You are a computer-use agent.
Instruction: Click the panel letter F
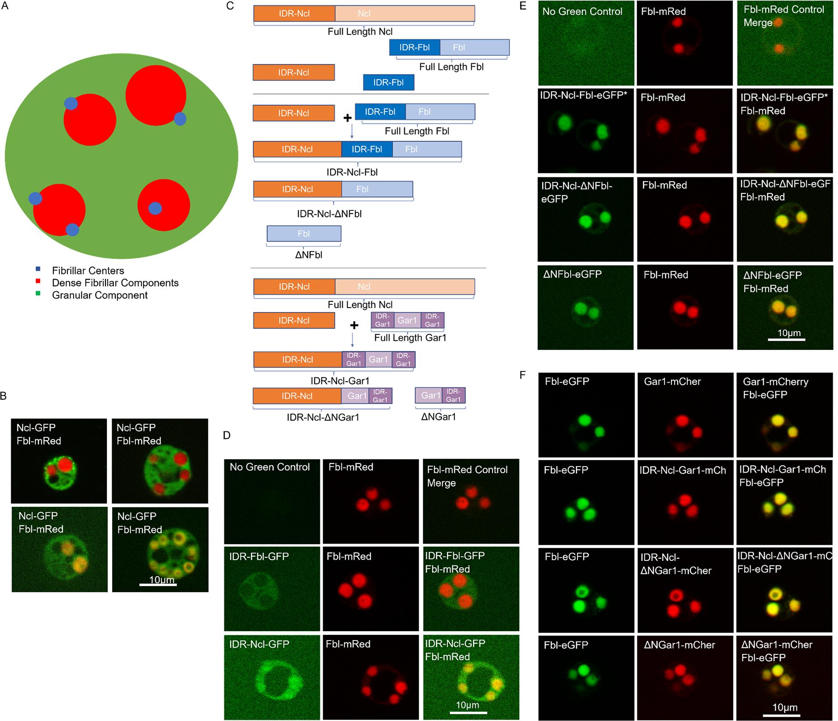click(x=522, y=375)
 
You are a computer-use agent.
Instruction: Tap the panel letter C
click(x=231, y=7)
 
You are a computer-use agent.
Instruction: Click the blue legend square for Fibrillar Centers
click(x=38, y=270)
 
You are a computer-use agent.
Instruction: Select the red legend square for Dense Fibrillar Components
click(x=38, y=282)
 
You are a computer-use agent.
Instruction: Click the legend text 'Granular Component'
click(x=100, y=295)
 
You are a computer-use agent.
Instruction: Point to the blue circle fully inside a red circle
click(x=155, y=208)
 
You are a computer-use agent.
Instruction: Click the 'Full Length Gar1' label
click(x=410, y=338)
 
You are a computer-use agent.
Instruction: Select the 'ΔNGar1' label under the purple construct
click(x=438, y=417)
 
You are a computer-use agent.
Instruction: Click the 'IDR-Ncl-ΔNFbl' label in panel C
click(x=329, y=214)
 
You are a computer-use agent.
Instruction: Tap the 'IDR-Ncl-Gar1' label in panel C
click(x=340, y=381)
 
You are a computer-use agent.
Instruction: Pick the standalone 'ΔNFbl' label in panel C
click(x=309, y=255)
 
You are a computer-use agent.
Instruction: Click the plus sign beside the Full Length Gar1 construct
click(x=354, y=325)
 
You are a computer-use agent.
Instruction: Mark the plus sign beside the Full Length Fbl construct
click(x=347, y=118)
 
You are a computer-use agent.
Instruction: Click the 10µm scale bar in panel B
click(x=157, y=584)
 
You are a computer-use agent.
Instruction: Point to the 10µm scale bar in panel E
click(x=787, y=340)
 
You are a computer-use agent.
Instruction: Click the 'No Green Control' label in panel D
click(x=270, y=467)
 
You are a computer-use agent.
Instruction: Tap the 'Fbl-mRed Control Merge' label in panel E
click(x=783, y=16)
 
